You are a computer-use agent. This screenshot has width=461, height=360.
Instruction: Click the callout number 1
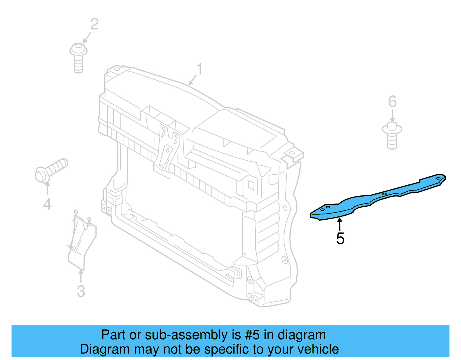[199, 69]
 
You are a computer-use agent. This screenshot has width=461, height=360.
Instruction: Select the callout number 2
[95, 24]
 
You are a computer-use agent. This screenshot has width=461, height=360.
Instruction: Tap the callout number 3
[81, 291]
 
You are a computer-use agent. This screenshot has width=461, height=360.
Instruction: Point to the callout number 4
[47, 204]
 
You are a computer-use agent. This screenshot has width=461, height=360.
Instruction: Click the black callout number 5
[340, 239]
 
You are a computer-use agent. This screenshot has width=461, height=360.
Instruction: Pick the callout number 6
[392, 102]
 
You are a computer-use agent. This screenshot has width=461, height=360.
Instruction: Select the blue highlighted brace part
[377, 197]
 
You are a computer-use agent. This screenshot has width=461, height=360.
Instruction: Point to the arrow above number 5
[340, 224]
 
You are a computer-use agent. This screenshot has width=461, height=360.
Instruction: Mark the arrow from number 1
[192, 80]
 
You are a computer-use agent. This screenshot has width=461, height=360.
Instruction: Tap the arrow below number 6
[392, 116]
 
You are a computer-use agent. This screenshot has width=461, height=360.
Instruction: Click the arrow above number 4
[47, 188]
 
